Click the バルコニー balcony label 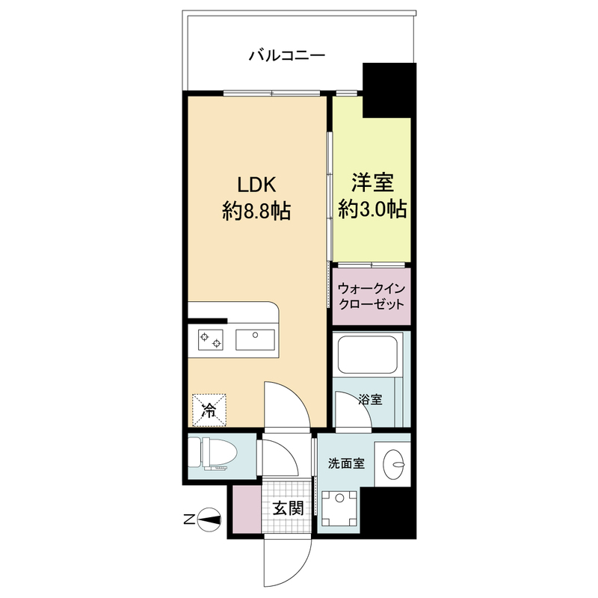(x=286, y=55)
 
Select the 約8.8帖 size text (x=256, y=212)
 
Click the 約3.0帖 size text (x=372, y=209)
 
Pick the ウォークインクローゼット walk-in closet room (x=372, y=296)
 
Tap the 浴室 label (x=371, y=400)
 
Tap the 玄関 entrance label (x=287, y=510)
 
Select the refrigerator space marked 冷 (x=209, y=409)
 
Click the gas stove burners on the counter (x=210, y=340)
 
